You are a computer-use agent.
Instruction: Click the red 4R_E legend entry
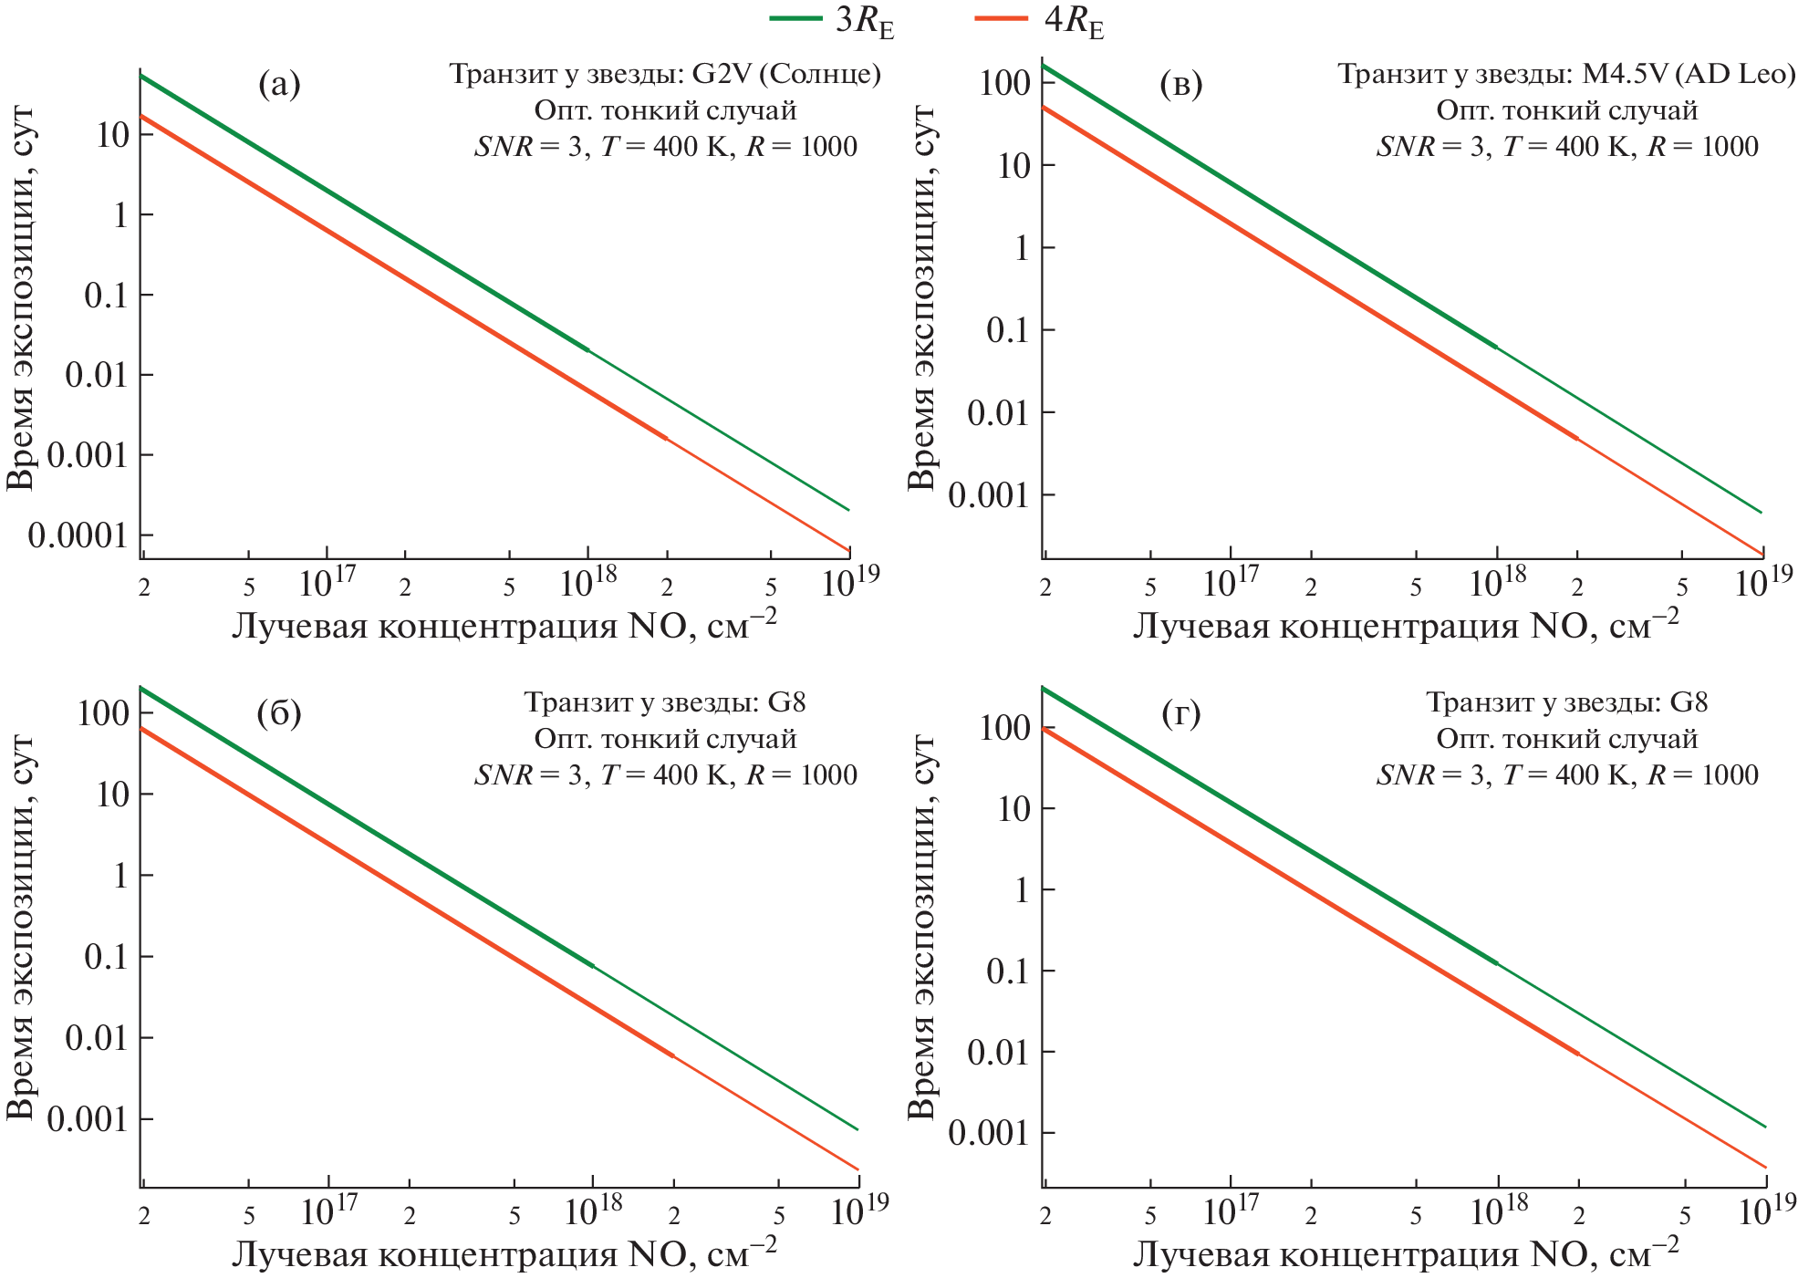click(1040, 20)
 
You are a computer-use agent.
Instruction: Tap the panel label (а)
click(279, 85)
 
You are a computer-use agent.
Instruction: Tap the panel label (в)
click(1180, 85)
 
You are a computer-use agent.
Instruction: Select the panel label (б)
click(279, 713)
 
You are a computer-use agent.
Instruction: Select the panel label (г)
click(1180, 713)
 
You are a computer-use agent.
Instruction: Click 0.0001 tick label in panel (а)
click(78, 535)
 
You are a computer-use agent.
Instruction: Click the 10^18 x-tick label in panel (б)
click(593, 1210)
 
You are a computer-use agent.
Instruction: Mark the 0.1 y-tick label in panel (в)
click(1009, 331)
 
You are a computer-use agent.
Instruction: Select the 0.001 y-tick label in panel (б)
click(88, 1120)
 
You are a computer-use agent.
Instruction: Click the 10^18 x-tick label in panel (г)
click(1498, 1210)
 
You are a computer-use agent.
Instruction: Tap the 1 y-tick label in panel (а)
click(119, 215)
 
